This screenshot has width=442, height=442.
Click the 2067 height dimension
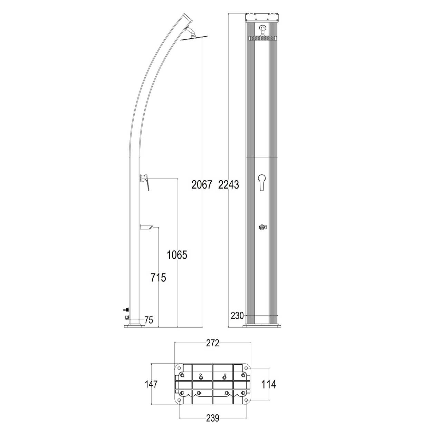202,185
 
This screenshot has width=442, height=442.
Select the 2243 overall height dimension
229,185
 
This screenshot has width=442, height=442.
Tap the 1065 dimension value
177,255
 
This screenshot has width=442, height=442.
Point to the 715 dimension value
158,277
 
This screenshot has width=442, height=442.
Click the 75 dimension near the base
148,320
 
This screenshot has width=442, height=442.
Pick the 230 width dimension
238,315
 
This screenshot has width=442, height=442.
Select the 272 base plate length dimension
213,343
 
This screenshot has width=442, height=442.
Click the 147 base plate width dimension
151,384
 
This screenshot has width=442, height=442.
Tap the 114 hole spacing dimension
269,384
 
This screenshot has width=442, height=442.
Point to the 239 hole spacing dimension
213,418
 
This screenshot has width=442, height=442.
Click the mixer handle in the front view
262,181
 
